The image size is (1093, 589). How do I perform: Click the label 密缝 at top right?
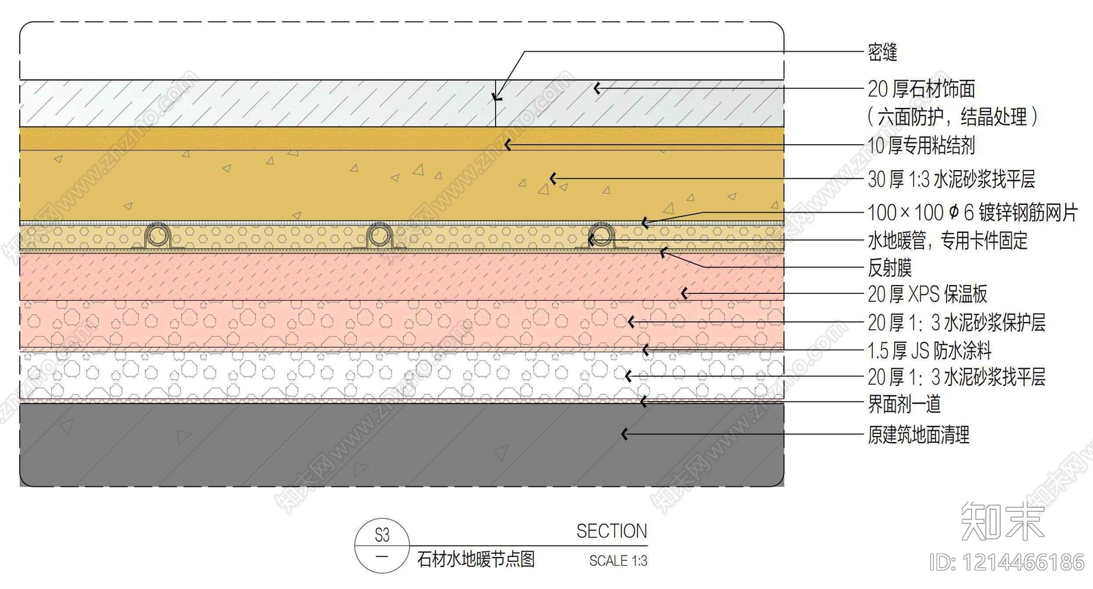pyautogui.click(x=882, y=52)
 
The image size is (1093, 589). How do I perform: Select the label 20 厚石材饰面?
pyautogui.click(x=921, y=89)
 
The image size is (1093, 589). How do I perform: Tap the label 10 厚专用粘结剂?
pyautogui.click(x=921, y=145)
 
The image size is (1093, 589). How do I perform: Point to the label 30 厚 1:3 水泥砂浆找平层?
pyautogui.click(x=951, y=180)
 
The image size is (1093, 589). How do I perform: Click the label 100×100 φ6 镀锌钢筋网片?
pyautogui.click(x=971, y=213)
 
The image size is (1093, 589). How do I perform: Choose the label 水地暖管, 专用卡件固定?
pyautogui.click(x=947, y=241)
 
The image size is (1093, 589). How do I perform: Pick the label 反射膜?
pyautogui.click(x=889, y=268)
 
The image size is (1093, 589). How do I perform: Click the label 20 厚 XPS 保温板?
pyautogui.click(x=927, y=294)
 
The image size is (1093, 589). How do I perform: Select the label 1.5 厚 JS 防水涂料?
pyautogui.click(x=929, y=351)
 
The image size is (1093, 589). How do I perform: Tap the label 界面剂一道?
pyautogui.click(x=904, y=404)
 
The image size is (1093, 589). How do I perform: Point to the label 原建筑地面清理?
pyautogui.click(x=918, y=435)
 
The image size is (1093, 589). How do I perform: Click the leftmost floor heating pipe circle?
pyautogui.click(x=158, y=236)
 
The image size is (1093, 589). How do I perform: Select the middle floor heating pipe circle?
pyautogui.click(x=378, y=236)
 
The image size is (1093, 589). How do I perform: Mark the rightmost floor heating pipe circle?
pyautogui.click(x=601, y=236)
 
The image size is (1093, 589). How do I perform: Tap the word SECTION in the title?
pyautogui.click(x=611, y=532)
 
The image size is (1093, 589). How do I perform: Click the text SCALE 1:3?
pyautogui.click(x=618, y=561)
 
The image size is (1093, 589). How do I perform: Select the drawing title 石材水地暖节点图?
pyautogui.click(x=475, y=560)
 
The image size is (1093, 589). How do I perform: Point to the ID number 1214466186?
pyautogui.click(x=1007, y=562)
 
